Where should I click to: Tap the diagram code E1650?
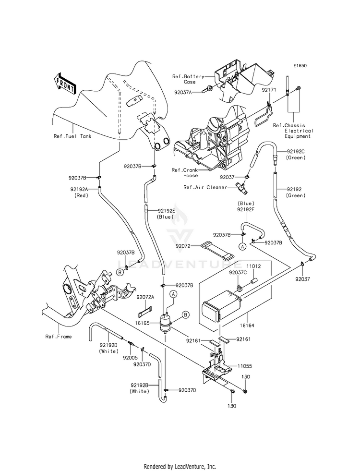click(300, 65)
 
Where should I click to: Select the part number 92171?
click(268, 90)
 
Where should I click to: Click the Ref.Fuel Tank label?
click(72, 136)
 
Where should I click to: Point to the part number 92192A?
click(79, 189)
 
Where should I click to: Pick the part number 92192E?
click(165, 211)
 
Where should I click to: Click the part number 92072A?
click(145, 297)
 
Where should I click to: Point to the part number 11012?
click(254, 266)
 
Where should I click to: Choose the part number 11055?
click(245, 366)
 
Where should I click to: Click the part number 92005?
click(130, 358)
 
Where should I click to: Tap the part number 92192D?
click(108, 345)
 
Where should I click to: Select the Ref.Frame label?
click(59, 337)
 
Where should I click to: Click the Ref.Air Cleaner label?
click(205, 187)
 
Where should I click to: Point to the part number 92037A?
click(183, 92)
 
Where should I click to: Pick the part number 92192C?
click(296, 152)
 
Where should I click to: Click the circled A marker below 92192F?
click(242, 246)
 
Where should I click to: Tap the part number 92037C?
click(238, 272)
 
